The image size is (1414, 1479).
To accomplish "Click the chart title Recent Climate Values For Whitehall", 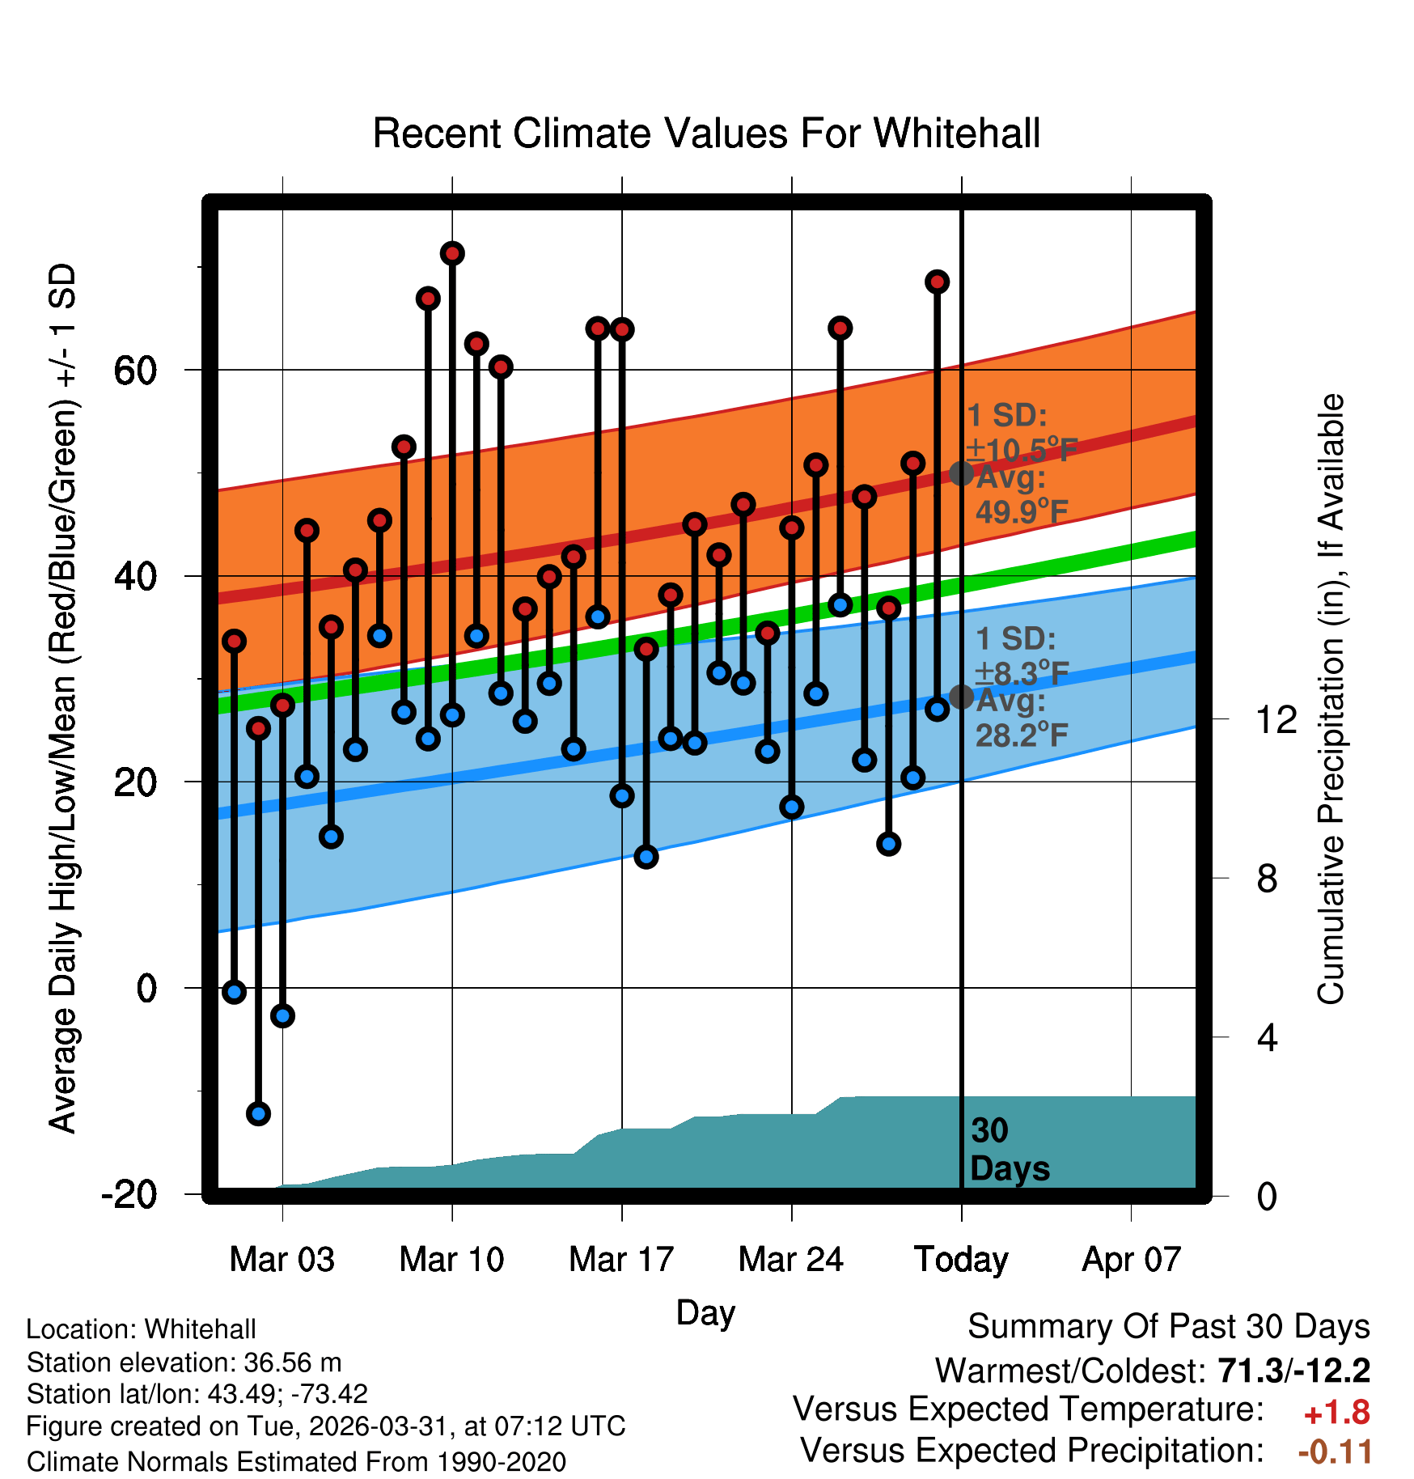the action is tap(706, 133).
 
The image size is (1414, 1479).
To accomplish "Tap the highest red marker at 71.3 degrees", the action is tap(452, 253).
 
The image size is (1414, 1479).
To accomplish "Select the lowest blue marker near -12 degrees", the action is tap(258, 1113).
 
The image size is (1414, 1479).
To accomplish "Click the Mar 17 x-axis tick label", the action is tap(621, 1260).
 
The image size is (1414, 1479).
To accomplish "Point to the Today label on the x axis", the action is tap(961, 1260).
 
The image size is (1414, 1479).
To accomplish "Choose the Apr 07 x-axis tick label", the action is tap(1131, 1260).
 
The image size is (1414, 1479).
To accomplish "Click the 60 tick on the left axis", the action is tap(135, 371).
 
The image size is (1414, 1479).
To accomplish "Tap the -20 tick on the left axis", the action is tap(129, 1194).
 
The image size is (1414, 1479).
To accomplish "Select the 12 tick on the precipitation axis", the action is tap(1276, 719).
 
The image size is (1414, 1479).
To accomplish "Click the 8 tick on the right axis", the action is tap(1267, 879).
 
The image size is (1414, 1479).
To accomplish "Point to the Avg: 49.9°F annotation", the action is tap(1021, 494).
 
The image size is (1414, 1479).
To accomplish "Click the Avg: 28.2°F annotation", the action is tap(1021, 718).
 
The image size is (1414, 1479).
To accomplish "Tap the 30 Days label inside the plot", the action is tap(1009, 1150).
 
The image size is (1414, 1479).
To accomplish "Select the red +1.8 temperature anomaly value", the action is tap(1336, 1413).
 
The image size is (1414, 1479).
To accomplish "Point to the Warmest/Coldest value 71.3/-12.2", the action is tap(1293, 1371).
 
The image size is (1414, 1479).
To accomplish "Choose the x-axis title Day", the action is tap(705, 1312).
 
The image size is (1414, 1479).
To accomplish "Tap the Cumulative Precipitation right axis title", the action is tap(1331, 700).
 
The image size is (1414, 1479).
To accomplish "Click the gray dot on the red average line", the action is tap(961, 473).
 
